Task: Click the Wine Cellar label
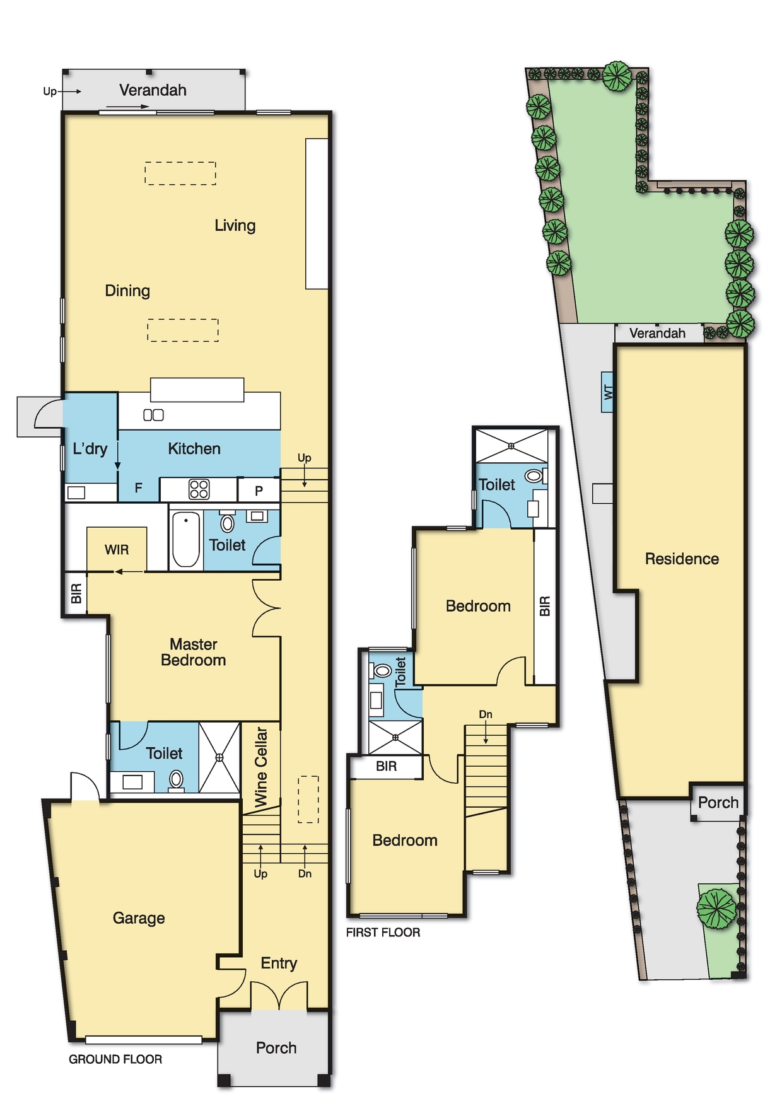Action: [261, 767]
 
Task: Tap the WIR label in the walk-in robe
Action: [117, 550]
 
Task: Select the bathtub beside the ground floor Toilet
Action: [186, 540]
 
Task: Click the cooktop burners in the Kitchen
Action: [199, 489]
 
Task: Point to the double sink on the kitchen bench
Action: [153, 415]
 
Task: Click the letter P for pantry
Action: [259, 491]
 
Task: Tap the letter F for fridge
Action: [139, 487]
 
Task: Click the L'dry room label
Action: [90, 449]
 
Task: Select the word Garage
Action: [139, 918]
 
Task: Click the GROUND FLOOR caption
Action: [115, 1059]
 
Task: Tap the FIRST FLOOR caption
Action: [383, 933]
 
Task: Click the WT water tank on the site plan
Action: [608, 392]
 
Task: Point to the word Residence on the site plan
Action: [682, 559]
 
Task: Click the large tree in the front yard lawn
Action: [716, 909]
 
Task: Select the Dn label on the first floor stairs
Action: [486, 714]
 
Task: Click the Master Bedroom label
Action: [194, 652]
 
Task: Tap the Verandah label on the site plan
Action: [657, 334]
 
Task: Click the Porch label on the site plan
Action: [718, 803]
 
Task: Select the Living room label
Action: [235, 226]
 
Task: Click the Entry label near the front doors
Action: [279, 963]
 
